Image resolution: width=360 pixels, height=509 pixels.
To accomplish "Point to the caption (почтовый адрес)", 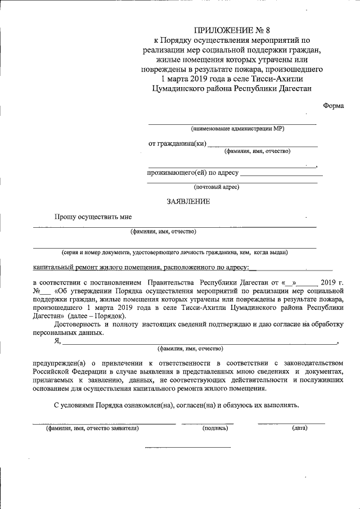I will pos(217,187).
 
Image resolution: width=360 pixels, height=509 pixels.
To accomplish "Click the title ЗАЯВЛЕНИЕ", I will pos(188,201).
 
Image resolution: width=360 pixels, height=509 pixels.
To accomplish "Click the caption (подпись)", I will pos(215,428).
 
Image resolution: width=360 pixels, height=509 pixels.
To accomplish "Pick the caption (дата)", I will pos(299,428).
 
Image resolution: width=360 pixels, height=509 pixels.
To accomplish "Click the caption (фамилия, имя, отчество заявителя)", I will pos(92,428).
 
